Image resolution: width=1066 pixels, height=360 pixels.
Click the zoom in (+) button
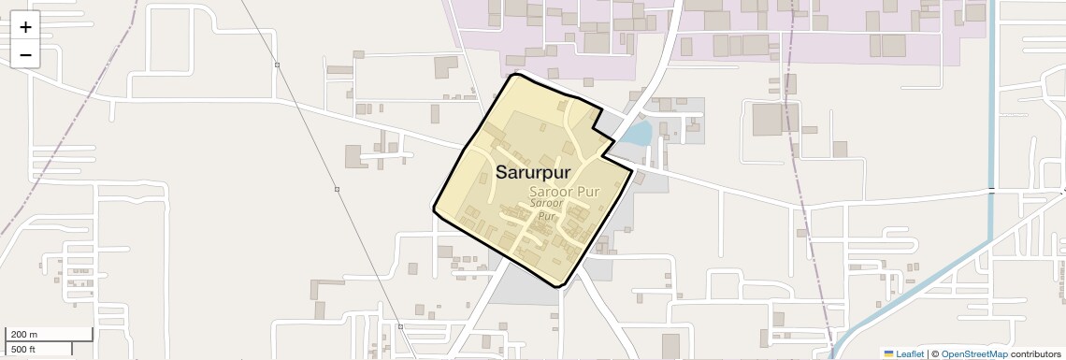pyautogui.click(x=25, y=28)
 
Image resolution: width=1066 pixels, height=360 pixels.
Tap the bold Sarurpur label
pyautogui.click(x=532, y=173)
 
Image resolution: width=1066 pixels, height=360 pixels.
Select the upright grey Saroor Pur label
pyautogui.click(x=557, y=192)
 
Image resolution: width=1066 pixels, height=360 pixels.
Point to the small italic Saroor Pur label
pyautogui.click(x=546, y=209)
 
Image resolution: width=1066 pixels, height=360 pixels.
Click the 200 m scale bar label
pyautogui.click(x=24, y=334)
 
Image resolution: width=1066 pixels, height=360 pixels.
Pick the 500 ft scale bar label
pyautogui.click(x=23, y=349)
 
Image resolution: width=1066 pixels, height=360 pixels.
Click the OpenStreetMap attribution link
pyautogui.click(x=973, y=353)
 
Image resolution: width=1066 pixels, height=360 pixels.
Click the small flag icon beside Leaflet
pyautogui.click(x=889, y=353)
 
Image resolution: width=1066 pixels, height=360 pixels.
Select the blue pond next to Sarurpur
pyautogui.click(x=637, y=134)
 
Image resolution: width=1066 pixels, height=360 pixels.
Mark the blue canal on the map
pyautogui.click(x=991, y=140)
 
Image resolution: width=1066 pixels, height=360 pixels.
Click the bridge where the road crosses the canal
pyautogui.click(x=991, y=190)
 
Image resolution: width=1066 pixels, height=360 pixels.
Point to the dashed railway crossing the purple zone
pyautogui.click(x=794, y=37)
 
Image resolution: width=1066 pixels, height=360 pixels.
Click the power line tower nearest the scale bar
pyautogui.click(x=400, y=326)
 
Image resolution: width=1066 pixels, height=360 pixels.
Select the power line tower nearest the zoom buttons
pyautogui.click(x=277, y=65)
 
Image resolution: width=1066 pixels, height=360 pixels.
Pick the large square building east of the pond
pyautogui.click(x=767, y=119)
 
